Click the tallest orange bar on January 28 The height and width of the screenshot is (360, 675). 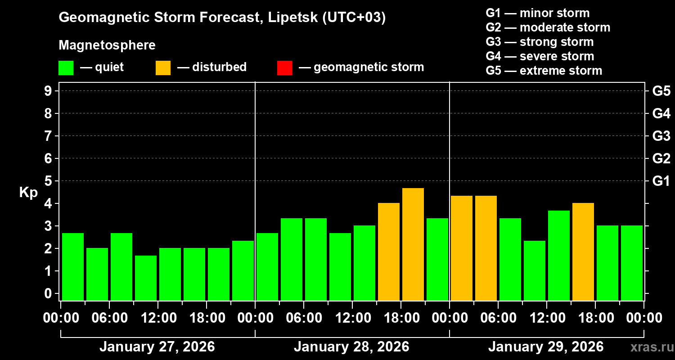(x=413, y=244)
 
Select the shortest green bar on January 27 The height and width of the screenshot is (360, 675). (x=146, y=278)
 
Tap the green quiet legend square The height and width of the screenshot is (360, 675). (x=66, y=67)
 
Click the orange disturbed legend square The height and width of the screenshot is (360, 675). (x=163, y=67)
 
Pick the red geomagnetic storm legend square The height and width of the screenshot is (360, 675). (x=284, y=67)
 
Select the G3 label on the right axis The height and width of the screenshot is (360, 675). (x=661, y=136)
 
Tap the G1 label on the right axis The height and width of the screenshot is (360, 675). (x=661, y=181)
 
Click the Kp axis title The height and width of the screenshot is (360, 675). (x=28, y=193)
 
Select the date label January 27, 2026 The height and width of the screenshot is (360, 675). (x=157, y=347)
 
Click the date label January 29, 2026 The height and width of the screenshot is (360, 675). (x=546, y=347)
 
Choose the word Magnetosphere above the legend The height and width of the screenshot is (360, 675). (x=107, y=45)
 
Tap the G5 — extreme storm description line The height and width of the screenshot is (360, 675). (x=544, y=71)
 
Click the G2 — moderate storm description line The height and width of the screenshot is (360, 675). (x=548, y=27)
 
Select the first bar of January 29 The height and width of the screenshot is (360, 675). (x=462, y=248)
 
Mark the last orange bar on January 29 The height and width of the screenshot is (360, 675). (x=583, y=252)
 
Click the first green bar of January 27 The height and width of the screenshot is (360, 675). (x=73, y=267)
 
